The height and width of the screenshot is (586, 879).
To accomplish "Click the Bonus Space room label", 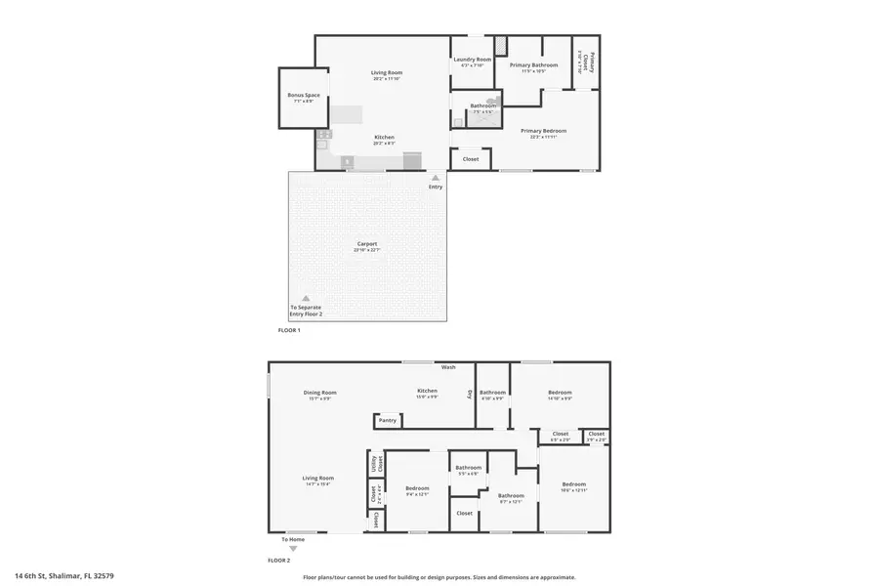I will coord(303,96).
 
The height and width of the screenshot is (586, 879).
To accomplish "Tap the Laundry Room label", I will coord(472,60).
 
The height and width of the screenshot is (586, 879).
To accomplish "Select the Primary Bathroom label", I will coord(533,65).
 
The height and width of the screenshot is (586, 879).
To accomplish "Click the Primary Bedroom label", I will coord(543,131).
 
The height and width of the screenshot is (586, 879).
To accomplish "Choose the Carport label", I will coord(366,244).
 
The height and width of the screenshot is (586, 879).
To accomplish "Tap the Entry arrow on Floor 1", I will coord(436,178).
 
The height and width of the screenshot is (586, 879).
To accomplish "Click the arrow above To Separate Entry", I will coord(305,298).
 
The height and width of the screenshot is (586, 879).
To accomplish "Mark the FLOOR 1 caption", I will coord(289,330).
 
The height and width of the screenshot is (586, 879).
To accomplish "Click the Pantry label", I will coord(387,420).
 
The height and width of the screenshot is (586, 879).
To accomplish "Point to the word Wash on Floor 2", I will coord(448,367).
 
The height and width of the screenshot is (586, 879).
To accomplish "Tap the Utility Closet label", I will coord(373,463).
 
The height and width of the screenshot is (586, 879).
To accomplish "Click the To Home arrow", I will coord(293,549).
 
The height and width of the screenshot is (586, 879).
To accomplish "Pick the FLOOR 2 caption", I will coord(279,561).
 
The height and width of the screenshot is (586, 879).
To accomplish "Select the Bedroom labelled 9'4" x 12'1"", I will coord(417,487).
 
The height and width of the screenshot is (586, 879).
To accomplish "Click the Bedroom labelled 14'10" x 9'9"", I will coord(560,393).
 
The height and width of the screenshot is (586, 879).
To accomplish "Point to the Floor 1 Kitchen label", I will coord(385,138).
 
